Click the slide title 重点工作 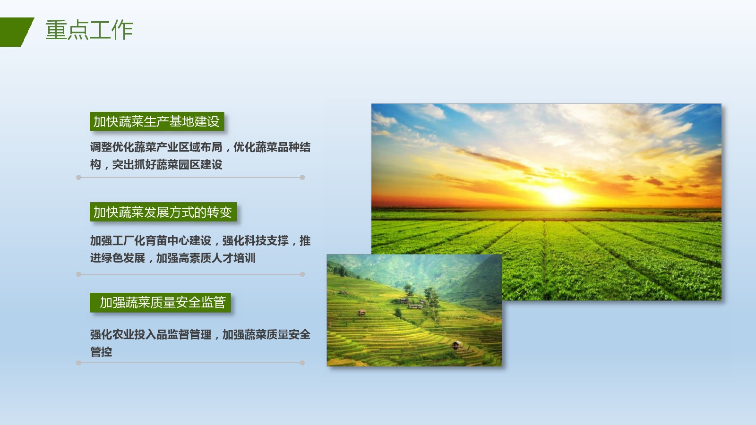[x=89, y=30]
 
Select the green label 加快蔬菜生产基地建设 [x=157, y=121]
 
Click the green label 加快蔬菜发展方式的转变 [x=163, y=212]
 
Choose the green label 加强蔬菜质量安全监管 [x=160, y=302]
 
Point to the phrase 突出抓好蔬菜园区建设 [x=167, y=165]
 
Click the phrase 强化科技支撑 [x=255, y=240]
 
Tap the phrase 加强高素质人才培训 [x=206, y=258]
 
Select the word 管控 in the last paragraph [x=101, y=352]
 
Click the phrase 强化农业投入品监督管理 [x=151, y=334]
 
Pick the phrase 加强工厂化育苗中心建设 [x=151, y=240]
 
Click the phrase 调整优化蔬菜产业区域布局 [x=156, y=147]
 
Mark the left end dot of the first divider [x=78, y=178]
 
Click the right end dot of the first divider [x=302, y=178]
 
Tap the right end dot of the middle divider [x=302, y=274]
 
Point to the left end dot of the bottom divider [x=78, y=363]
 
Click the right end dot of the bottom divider [x=302, y=363]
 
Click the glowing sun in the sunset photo [x=558, y=195]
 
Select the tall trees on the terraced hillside [x=430, y=302]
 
